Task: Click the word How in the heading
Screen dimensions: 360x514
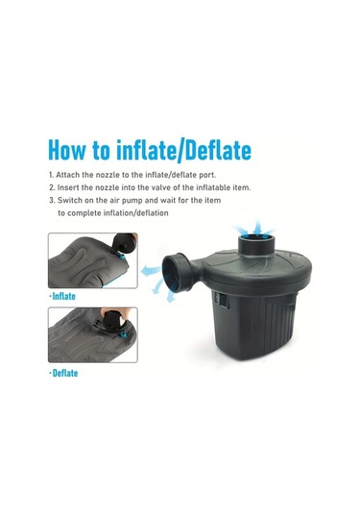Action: [x=66, y=150]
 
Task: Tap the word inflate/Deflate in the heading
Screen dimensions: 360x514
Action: [x=183, y=150]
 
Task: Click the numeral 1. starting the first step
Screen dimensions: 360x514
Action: [x=51, y=175]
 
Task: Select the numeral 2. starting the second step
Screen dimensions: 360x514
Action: [x=52, y=187]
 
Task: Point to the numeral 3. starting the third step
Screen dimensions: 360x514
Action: [x=52, y=200]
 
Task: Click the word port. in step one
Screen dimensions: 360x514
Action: [x=206, y=176]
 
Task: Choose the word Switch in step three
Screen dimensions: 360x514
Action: [x=70, y=200]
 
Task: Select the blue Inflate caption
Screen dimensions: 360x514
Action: [x=63, y=296]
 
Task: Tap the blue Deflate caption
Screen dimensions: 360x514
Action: [x=65, y=373]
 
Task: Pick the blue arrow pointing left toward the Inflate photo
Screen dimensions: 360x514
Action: [x=152, y=271]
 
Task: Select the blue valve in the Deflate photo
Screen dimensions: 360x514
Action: [x=123, y=334]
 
